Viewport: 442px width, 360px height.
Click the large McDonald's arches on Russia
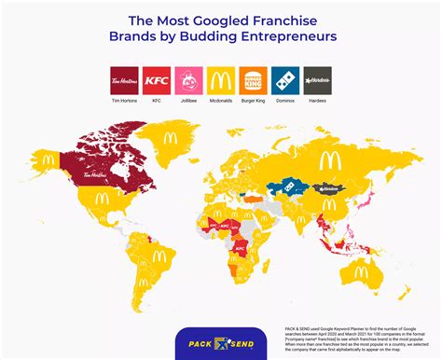(328, 161)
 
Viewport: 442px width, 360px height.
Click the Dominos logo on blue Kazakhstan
(294, 188)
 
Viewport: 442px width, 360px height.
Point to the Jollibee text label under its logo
(187, 97)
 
